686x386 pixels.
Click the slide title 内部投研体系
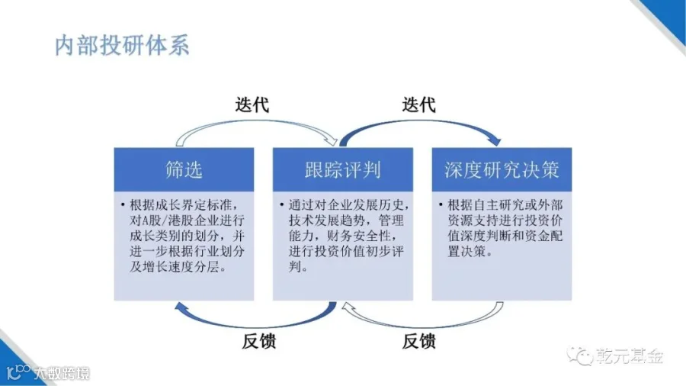pyautogui.click(x=122, y=45)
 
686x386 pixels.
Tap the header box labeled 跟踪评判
pyautogui.click(x=343, y=169)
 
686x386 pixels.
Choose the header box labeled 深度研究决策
pyautogui.click(x=502, y=169)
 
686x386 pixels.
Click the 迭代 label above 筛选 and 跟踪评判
pyautogui.click(x=252, y=105)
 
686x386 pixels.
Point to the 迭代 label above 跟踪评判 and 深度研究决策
pyautogui.click(x=418, y=105)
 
